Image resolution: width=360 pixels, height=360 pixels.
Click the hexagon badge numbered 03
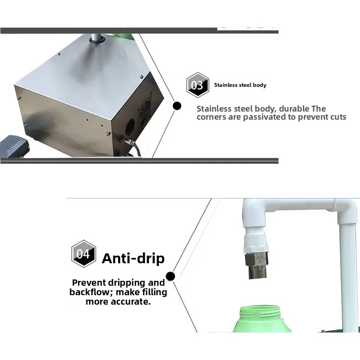pos(198,85)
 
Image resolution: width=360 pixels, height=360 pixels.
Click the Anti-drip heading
pos(133,258)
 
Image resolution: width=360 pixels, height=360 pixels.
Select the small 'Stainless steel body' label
pos(240,85)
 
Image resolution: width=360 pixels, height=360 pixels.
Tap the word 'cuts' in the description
pos(337,117)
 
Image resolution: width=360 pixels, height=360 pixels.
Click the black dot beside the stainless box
pos(177,106)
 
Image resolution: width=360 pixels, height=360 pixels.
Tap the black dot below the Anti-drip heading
pos(170,276)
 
